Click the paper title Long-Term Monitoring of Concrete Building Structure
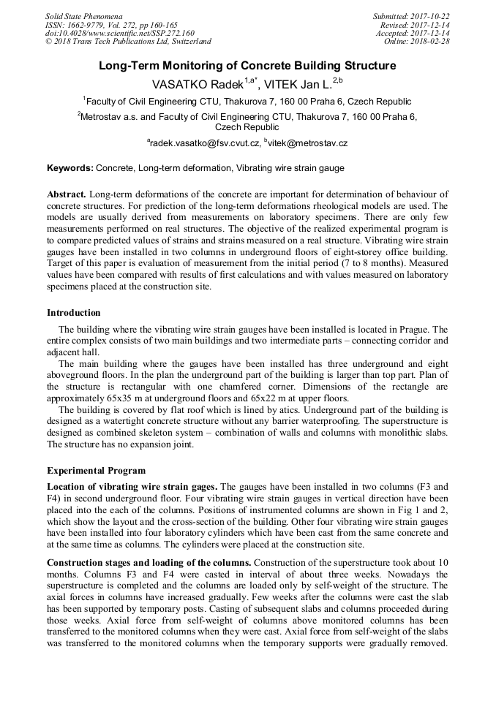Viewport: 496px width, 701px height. [x=247, y=66]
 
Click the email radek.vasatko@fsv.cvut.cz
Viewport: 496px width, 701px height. [x=203, y=144]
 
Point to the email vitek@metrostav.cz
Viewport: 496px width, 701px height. [x=307, y=144]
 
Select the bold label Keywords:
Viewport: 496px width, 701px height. [x=70, y=168]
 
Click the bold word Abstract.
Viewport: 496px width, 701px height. [x=67, y=194]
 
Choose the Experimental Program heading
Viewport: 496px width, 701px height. [x=96, y=471]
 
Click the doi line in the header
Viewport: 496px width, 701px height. [x=120, y=33]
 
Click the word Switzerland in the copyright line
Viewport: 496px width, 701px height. [x=185, y=41]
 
